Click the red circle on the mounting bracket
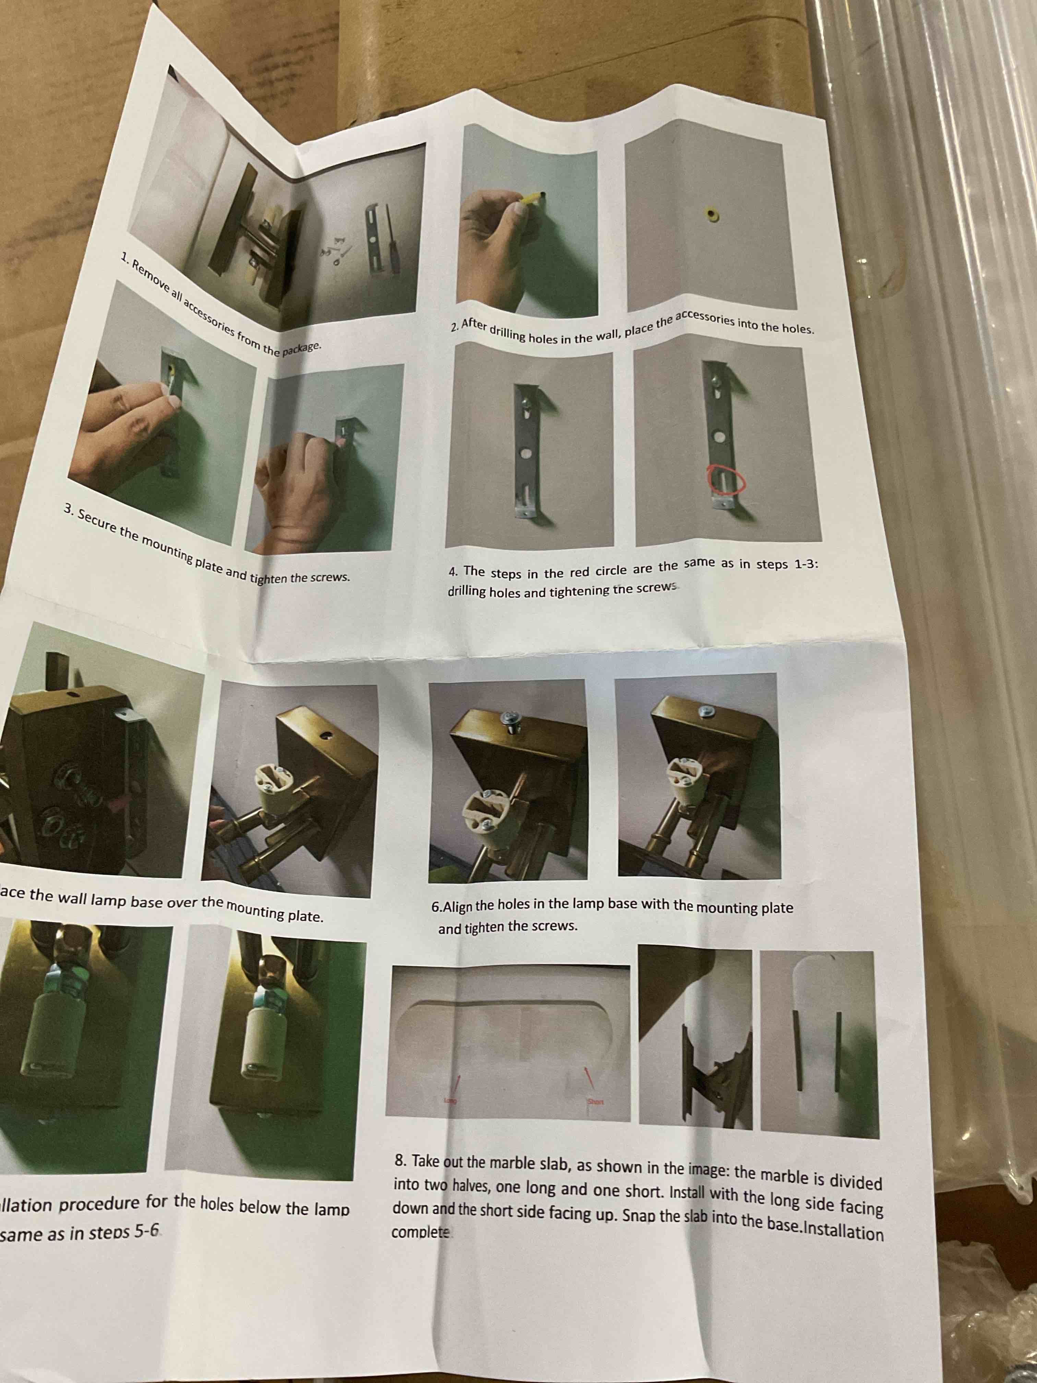726,480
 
